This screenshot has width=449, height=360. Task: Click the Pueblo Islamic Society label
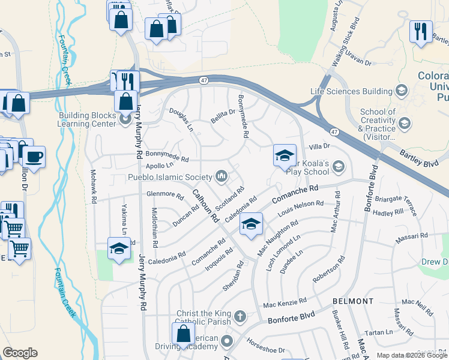point(170,177)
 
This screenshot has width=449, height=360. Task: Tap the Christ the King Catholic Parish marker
point(240,316)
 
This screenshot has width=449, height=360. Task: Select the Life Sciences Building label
point(351,91)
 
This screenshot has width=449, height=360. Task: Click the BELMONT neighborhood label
point(353,301)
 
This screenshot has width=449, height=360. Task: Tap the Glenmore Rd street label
point(165,195)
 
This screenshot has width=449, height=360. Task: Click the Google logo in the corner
point(20,353)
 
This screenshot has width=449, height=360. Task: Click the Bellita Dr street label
point(223,112)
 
